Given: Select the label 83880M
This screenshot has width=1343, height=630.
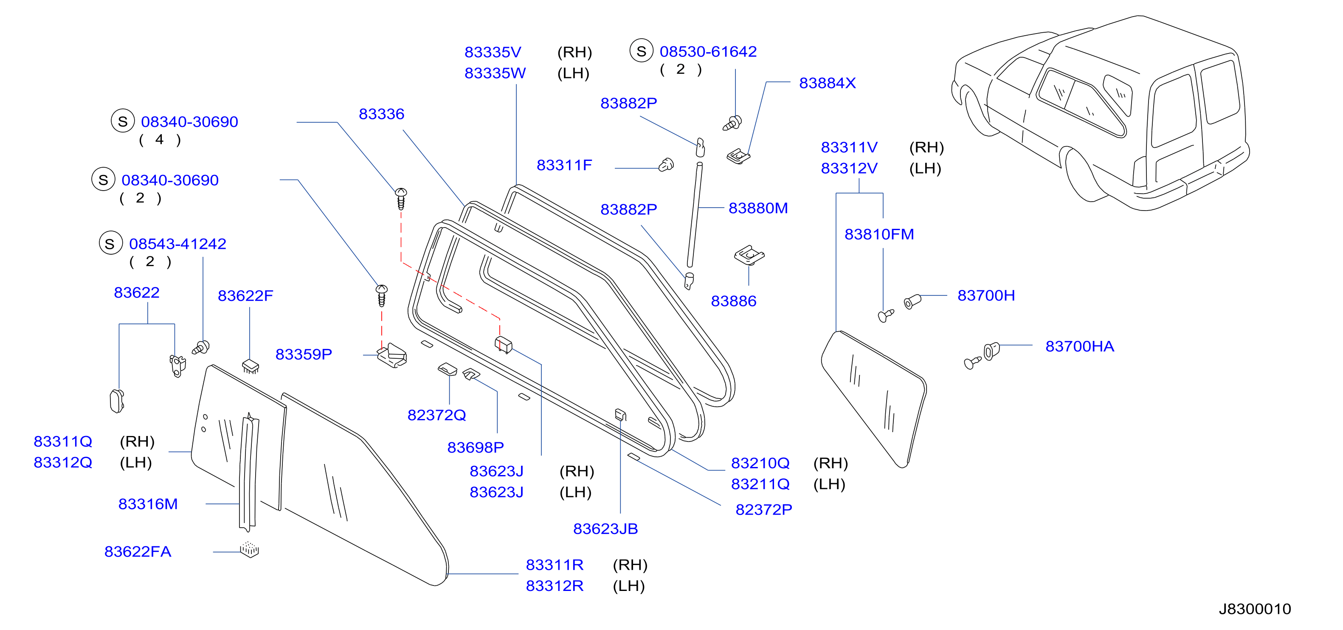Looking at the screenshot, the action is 757,208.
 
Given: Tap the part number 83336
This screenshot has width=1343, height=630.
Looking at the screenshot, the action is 381,114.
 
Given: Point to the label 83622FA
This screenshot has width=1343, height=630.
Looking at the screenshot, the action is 138,551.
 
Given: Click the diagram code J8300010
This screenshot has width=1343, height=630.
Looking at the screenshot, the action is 1254,609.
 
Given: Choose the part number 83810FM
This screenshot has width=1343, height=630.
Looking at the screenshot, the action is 879,234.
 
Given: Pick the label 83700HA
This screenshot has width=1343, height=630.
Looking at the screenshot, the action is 1079,346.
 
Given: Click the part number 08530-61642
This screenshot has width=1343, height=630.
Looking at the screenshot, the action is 708,51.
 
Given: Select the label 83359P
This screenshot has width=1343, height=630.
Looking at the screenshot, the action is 304,354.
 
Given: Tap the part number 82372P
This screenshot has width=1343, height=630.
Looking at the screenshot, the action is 763,509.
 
